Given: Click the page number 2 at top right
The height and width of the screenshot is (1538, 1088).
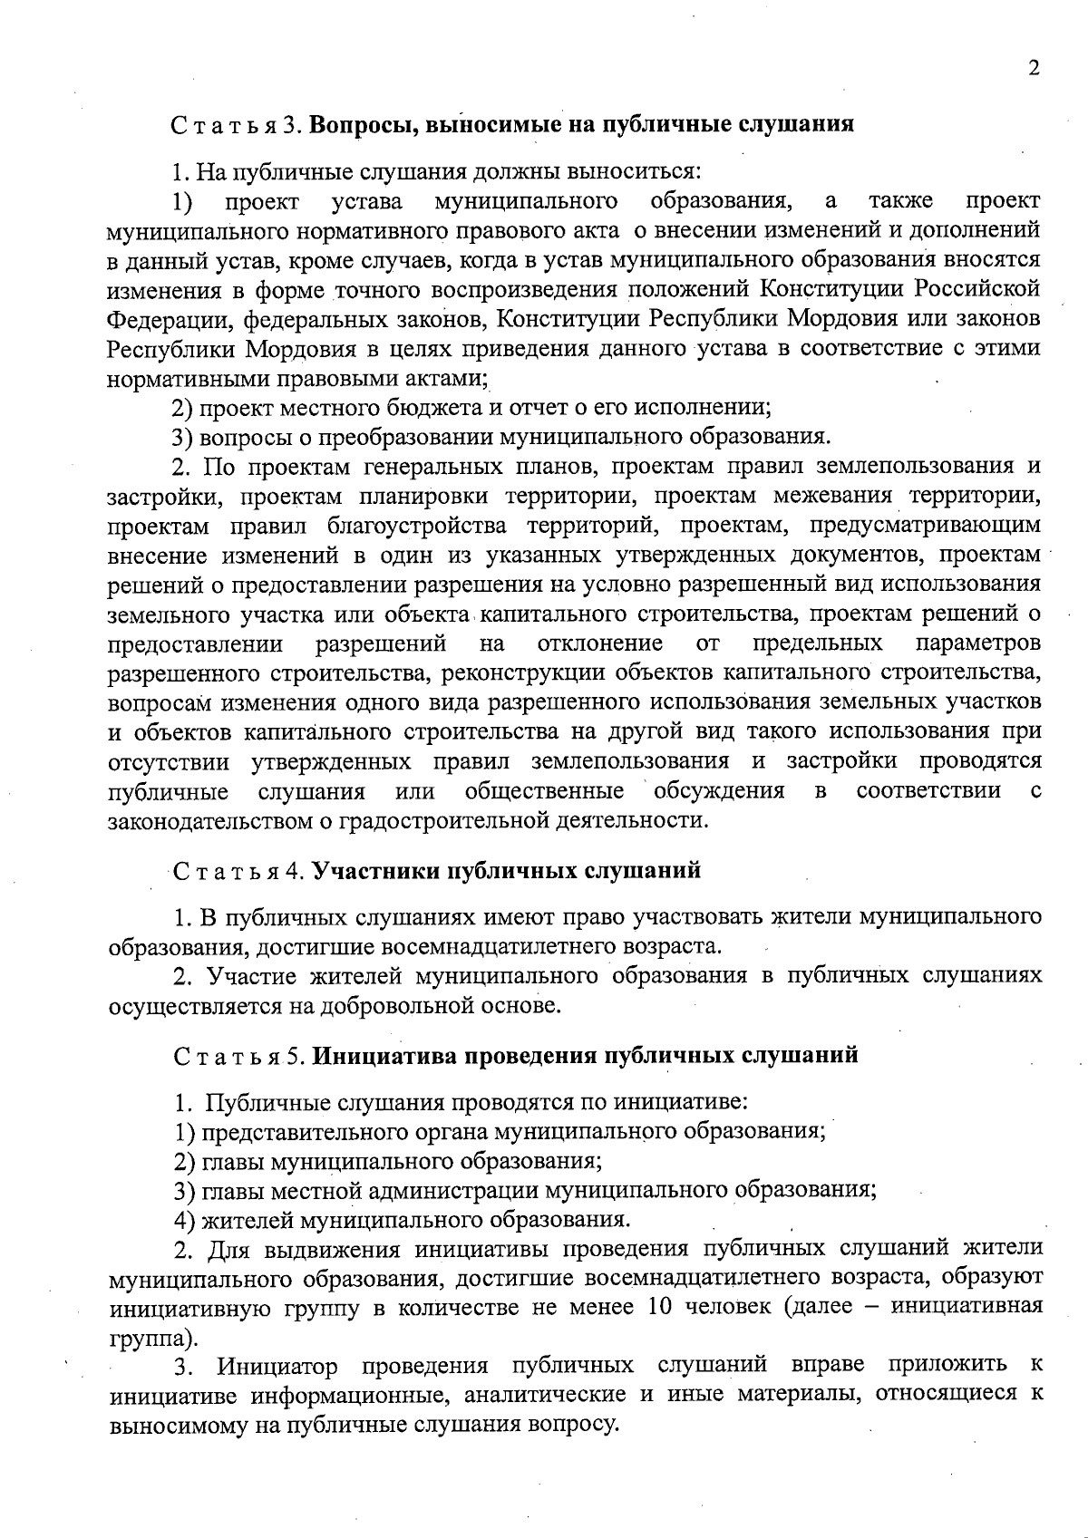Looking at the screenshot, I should pyautogui.click(x=1034, y=70).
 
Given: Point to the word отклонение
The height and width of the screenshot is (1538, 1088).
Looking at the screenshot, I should pyautogui.click(x=599, y=643).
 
